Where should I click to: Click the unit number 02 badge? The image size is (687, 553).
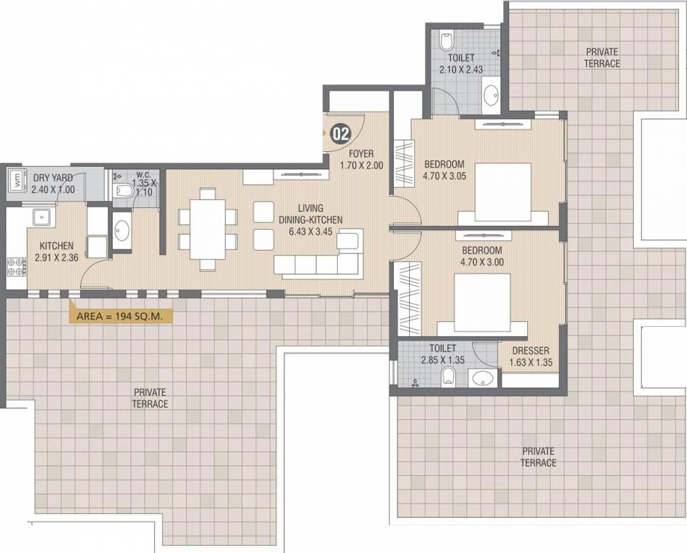click(341, 134)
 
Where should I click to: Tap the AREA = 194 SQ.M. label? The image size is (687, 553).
click(120, 316)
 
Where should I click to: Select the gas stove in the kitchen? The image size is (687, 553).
click(17, 268)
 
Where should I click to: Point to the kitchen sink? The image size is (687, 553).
click(42, 217)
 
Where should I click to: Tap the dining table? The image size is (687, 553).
click(207, 229)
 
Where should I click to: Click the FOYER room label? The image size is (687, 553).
click(362, 154)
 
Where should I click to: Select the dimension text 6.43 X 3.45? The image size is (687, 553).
click(310, 232)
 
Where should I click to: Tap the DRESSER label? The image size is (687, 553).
click(531, 351)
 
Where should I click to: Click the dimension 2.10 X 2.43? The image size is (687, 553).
click(461, 69)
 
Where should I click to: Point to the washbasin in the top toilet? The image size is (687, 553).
click(490, 94)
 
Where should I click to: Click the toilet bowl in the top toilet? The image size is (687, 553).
click(446, 41)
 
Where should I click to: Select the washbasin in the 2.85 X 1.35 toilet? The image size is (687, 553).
click(482, 378)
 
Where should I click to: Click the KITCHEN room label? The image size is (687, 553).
click(56, 246)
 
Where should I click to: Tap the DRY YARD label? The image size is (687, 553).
click(53, 178)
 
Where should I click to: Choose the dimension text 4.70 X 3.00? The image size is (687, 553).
click(482, 262)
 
